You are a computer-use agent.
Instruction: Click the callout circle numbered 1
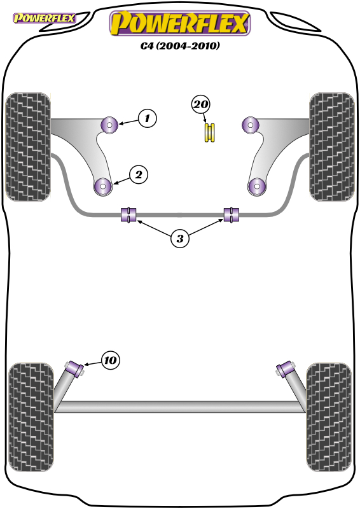(147, 118)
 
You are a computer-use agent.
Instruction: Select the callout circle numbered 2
(139, 175)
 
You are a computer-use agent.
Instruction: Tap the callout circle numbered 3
(180, 239)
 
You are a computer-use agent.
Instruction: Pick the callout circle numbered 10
(111, 360)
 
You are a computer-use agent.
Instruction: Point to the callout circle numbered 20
(200, 104)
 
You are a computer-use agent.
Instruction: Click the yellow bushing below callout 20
(210, 132)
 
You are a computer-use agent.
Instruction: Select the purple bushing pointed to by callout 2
(102, 186)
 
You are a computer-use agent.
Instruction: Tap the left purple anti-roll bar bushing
(128, 214)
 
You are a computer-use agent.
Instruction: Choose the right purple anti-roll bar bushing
(232, 214)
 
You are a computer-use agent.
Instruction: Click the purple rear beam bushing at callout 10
(75, 370)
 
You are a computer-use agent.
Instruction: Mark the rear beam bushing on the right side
(286, 370)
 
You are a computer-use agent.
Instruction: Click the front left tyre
(29, 147)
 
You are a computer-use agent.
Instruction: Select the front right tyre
(332, 147)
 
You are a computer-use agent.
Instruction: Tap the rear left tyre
(31, 417)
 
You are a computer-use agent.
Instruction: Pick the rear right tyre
(329, 417)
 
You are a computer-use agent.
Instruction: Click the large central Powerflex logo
(180, 23)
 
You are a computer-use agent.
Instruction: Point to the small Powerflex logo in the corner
(44, 18)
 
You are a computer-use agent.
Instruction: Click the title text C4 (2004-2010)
(180, 45)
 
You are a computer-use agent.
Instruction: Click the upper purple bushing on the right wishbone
(250, 124)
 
